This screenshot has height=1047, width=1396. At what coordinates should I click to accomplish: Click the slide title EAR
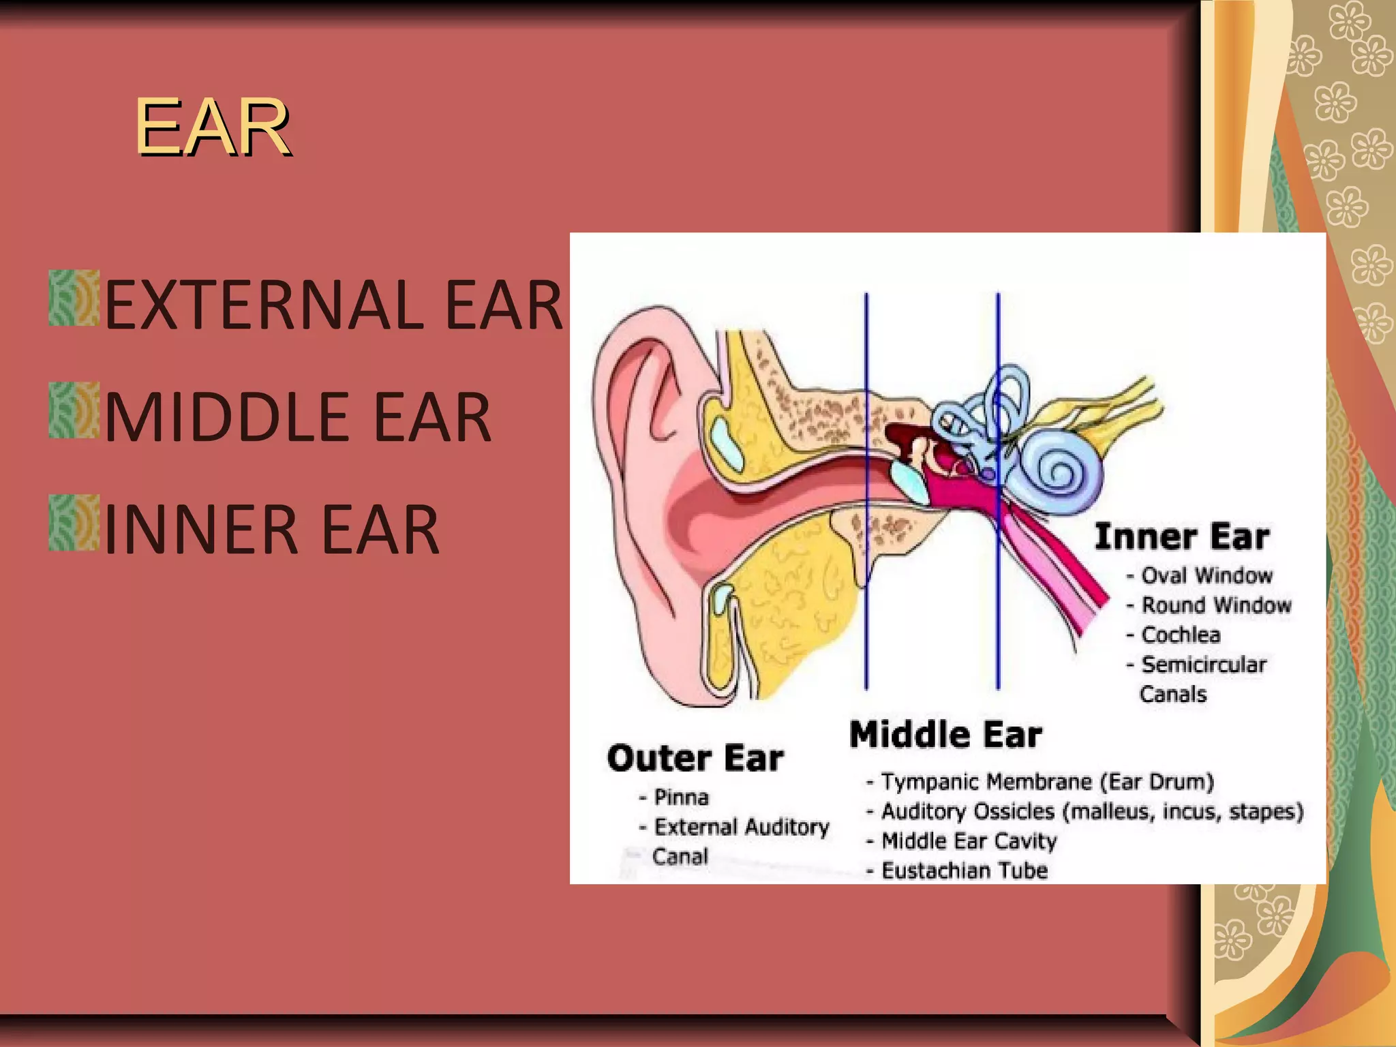213,127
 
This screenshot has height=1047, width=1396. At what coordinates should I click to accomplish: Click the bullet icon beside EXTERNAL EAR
74,298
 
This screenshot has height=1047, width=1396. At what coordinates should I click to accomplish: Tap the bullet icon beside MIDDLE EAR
74,410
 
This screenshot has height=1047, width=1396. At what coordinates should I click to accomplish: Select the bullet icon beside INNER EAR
74,523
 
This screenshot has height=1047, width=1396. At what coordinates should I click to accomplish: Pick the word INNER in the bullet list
202,530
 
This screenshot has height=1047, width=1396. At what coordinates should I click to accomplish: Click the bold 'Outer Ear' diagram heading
695,758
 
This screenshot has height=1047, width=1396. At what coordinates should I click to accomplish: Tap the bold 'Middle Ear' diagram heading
945,735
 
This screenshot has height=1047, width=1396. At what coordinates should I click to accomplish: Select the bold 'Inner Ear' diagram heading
1182,536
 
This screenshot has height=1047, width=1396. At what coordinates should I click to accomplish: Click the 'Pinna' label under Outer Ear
681,797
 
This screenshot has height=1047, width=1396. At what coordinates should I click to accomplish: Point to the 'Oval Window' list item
1207,575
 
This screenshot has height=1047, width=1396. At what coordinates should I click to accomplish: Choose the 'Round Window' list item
1216,605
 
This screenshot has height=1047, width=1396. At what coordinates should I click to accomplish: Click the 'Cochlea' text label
1181,635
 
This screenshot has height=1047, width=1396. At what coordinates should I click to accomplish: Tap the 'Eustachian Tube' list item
964,870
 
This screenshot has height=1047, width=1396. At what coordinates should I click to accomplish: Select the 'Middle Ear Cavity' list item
969,841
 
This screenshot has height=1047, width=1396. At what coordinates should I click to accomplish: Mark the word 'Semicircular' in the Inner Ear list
1204,665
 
